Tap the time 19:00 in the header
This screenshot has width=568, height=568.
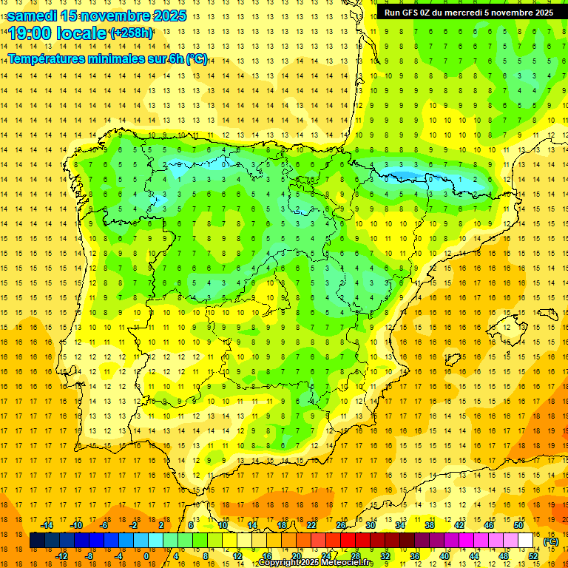pos(29,33)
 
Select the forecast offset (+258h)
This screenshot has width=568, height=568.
pos(131,33)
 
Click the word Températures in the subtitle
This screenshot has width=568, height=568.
pos(47,58)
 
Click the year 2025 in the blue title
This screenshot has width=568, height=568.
pos(166,16)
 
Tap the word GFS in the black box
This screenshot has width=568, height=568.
pos(410,12)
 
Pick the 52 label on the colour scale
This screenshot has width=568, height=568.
pos(533,555)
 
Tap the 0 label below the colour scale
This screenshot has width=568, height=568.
pos(146,555)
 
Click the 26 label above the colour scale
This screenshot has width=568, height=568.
pos(341,525)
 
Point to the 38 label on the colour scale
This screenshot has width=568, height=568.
pos(429,525)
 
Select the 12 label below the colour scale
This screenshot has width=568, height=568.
pos(237,555)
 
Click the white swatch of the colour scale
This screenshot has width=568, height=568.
pos(526,541)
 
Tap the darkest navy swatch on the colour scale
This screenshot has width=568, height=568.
pos(37,541)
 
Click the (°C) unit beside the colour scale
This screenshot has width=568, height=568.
pos(550,541)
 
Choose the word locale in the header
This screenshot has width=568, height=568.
pos(80,33)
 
